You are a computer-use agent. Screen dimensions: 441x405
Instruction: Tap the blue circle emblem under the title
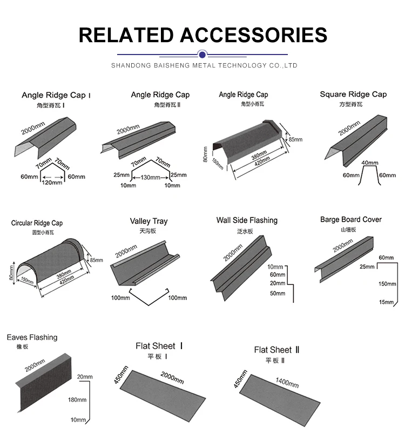point(202,54)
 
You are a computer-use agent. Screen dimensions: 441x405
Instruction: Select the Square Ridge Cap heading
point(353,94)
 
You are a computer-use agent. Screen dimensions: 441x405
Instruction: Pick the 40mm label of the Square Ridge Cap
point(370,162)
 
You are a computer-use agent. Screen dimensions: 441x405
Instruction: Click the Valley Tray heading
point(148,221)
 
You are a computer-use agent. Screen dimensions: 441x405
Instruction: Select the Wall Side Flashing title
point(247,220)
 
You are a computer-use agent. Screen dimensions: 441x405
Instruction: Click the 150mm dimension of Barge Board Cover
point(386,284)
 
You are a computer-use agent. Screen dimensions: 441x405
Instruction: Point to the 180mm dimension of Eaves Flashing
point(77,400)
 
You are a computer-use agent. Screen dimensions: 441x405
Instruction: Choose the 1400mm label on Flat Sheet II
point(287,383)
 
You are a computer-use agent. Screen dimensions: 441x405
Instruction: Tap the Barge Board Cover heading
point(350,220)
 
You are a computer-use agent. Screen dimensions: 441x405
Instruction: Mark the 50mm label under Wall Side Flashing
point(277,293)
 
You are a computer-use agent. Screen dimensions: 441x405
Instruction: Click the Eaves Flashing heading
point(32,337)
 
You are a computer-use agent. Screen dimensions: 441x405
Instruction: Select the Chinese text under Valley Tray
point(147,231)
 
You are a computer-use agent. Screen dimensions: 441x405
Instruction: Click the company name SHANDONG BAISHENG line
point(204,65)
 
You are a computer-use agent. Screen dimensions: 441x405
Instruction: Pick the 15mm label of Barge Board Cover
point(386,302)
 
